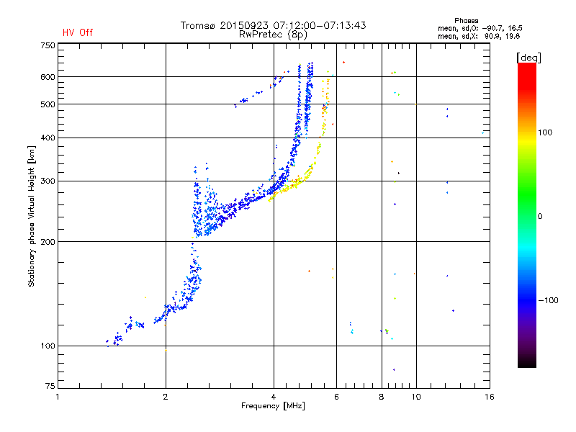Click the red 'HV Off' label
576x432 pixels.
[78, 32]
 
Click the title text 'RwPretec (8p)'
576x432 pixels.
[273, 35]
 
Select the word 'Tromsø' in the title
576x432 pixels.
[198, 25]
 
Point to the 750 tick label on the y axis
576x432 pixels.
[48, 45]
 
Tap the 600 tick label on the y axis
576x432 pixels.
[48, 77]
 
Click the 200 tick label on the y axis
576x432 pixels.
[48, 242]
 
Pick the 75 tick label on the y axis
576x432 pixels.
[50, 386]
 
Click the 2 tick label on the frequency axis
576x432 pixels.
[166, 397]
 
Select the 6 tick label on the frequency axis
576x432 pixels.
[336, 397]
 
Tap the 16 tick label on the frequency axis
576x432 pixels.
[490, 397]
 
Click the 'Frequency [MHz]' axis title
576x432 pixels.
[273, 406]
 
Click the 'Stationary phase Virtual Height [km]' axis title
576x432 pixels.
[32, 217]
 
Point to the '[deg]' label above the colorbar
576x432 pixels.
[528, 58]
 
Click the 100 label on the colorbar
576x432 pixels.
[545, 132]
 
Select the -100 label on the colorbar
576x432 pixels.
[549, 300]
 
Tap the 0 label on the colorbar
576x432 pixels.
[540, 217]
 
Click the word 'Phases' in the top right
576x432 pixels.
[466, 21]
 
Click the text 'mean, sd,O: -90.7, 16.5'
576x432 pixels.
[480, 29]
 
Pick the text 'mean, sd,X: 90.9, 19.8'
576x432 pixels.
[479, 37]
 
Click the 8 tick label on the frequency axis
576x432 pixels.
[382, 397]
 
